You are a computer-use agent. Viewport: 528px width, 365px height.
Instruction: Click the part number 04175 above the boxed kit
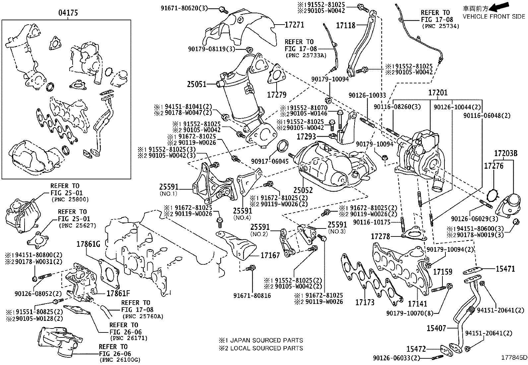click(68, 13)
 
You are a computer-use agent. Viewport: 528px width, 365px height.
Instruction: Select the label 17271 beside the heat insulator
click(294, 25)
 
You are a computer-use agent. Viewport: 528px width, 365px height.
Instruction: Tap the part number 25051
click(196, 84)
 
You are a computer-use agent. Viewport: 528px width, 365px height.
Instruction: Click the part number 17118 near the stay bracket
click(346, 25)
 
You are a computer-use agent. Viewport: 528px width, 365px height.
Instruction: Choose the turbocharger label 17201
click(437, 93)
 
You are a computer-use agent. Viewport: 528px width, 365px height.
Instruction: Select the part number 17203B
click(506, 154)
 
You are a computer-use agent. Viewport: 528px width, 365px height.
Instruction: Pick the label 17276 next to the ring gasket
click(494, 165)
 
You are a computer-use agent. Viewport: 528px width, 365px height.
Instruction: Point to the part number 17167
click(270, 255)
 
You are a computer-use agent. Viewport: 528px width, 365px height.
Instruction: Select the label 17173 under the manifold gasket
click(365, 302)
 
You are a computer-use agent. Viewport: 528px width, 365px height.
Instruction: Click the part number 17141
click(418, 304)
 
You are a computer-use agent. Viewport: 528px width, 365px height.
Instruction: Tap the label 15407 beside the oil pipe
click(436, 328)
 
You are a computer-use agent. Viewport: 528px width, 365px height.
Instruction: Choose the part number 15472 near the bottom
click(416, 349)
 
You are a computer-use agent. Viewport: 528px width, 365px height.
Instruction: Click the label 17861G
click(88, 244)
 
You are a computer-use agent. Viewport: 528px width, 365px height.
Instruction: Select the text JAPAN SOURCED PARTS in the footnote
click(266, 340)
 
